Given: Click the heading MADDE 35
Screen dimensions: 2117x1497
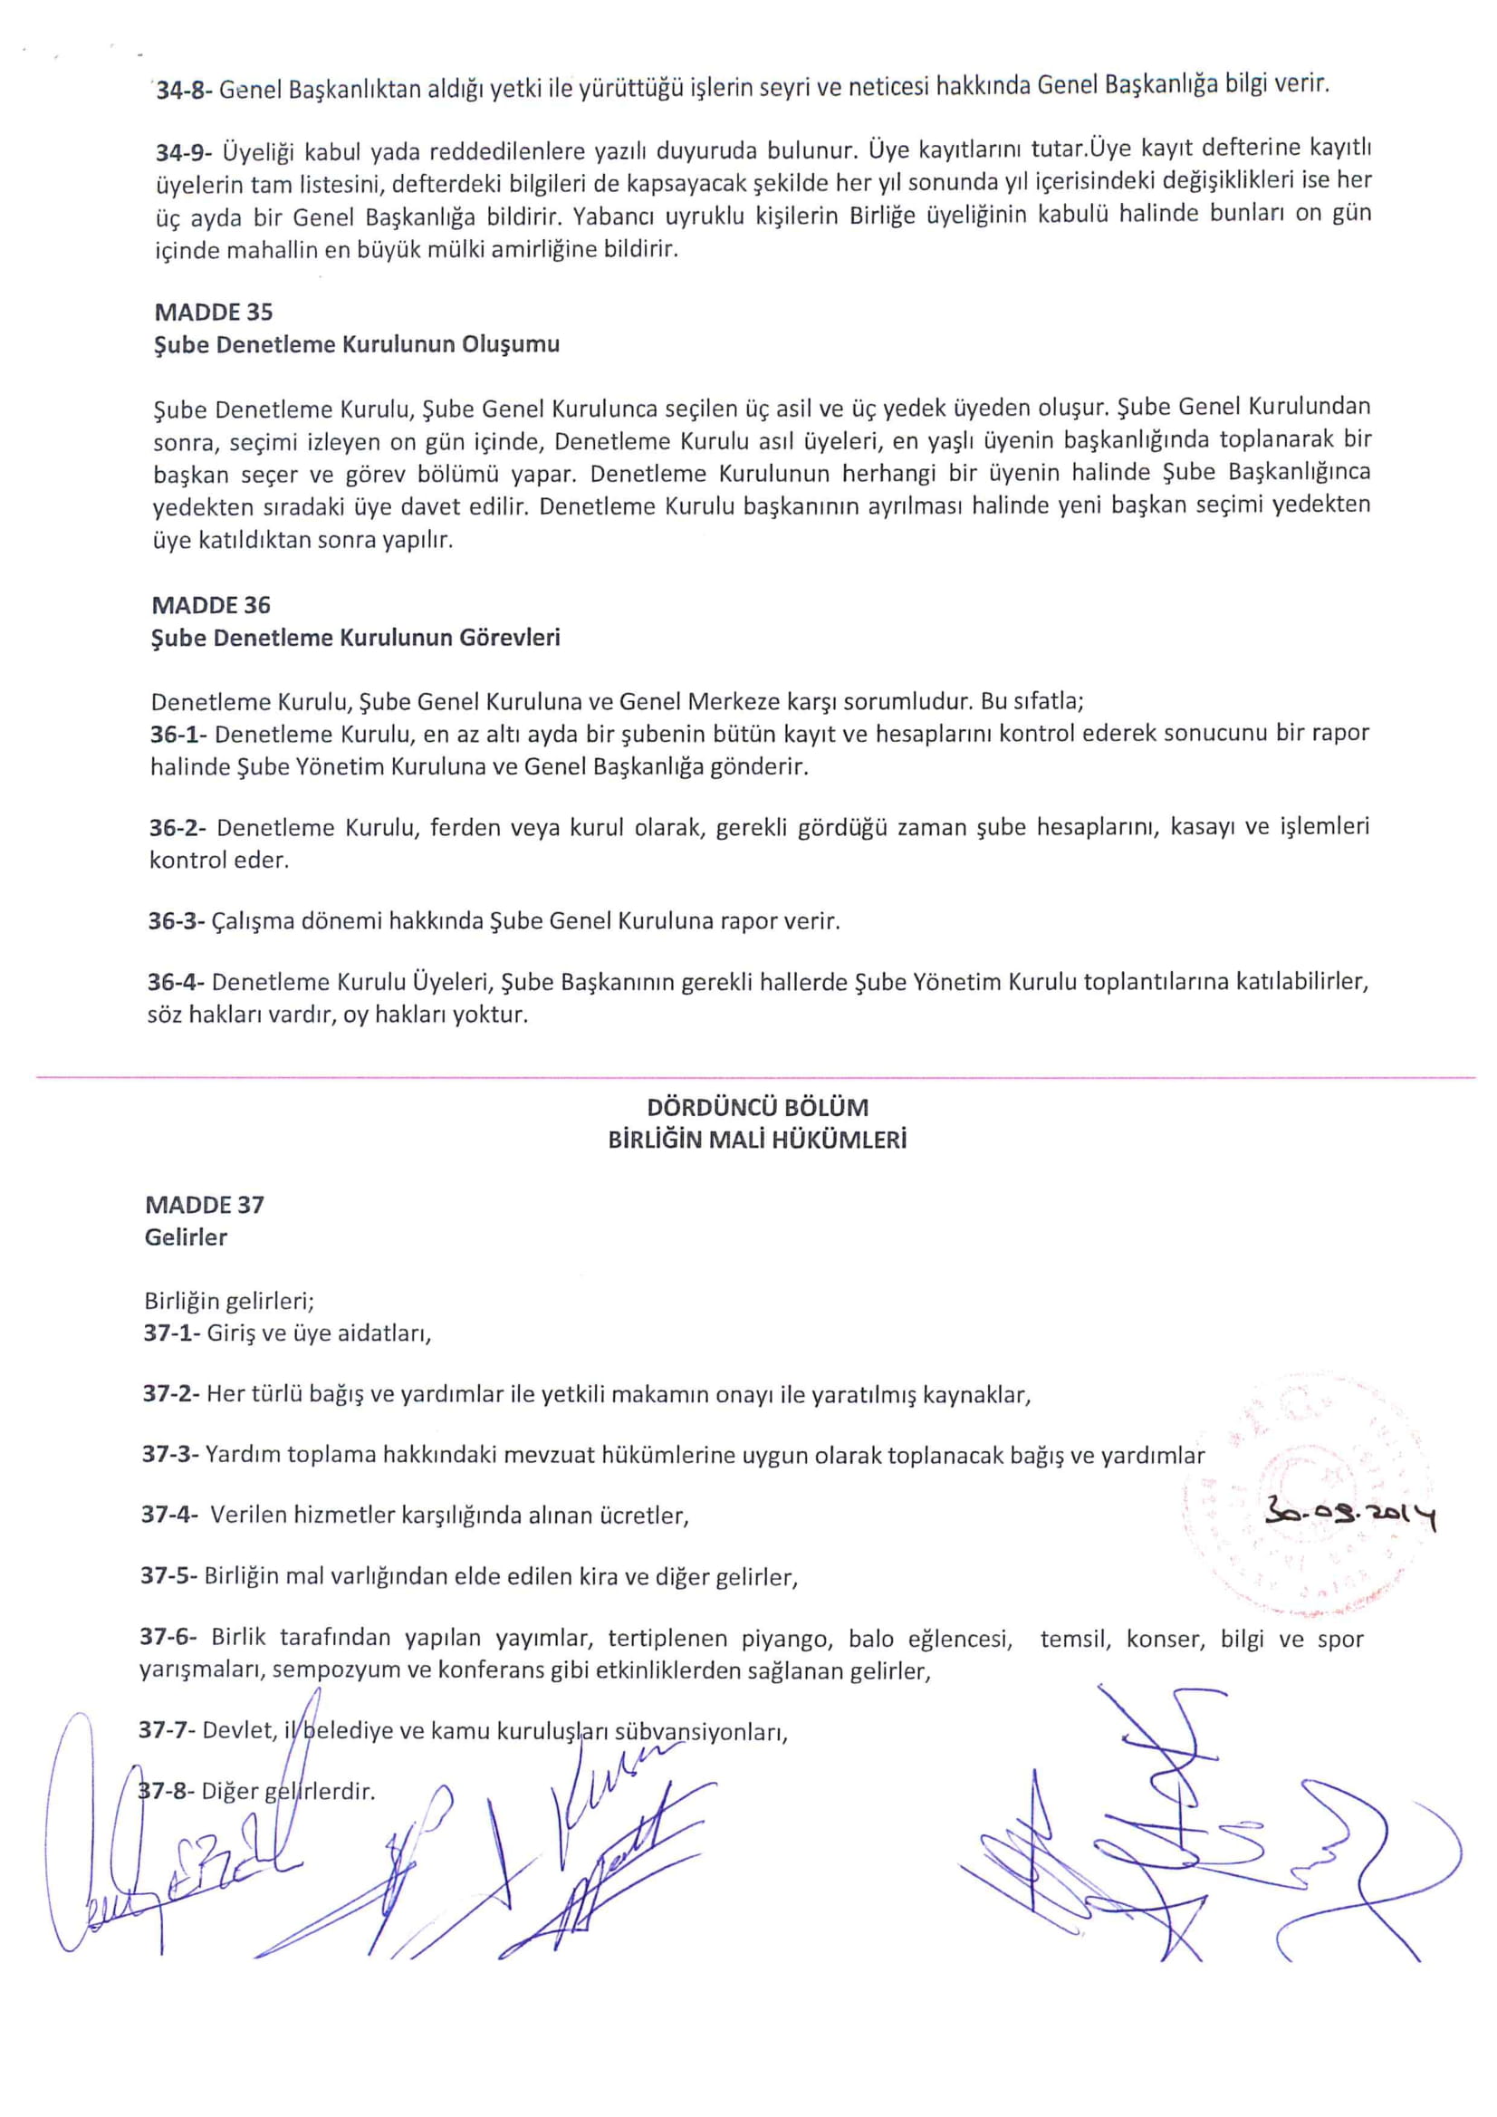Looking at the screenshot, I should click(x=213, y=312).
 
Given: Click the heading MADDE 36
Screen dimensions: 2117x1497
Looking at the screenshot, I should click(x=211, y=605).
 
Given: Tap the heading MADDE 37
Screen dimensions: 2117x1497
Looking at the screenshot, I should click(x=205, y=1204).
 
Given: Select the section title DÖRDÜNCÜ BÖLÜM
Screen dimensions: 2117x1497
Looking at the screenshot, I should click(x=757, y=1106).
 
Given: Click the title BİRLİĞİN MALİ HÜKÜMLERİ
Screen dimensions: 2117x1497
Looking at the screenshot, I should click(x=757, y=1140).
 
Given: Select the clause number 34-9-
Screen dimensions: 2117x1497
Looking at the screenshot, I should click(x=185, y=151).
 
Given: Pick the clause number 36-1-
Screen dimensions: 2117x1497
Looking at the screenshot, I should click(x=178, y=734).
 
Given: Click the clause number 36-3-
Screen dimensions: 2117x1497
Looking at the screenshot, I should click(x=177, y=920).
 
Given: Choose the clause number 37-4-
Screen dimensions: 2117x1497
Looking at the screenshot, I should click(x=170, y=1514).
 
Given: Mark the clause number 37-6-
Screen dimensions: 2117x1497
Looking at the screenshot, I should click(x=169, y=1637).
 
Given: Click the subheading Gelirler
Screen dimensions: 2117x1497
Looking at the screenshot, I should click(x=186, y=1237).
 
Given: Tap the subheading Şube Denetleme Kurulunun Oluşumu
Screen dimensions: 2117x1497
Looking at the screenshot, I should click(x=356, y=344).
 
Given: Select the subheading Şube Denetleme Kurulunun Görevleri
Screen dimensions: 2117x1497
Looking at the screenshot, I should click(x=356, y=637).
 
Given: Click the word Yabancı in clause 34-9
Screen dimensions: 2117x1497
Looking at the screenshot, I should click(x=609, y=215).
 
